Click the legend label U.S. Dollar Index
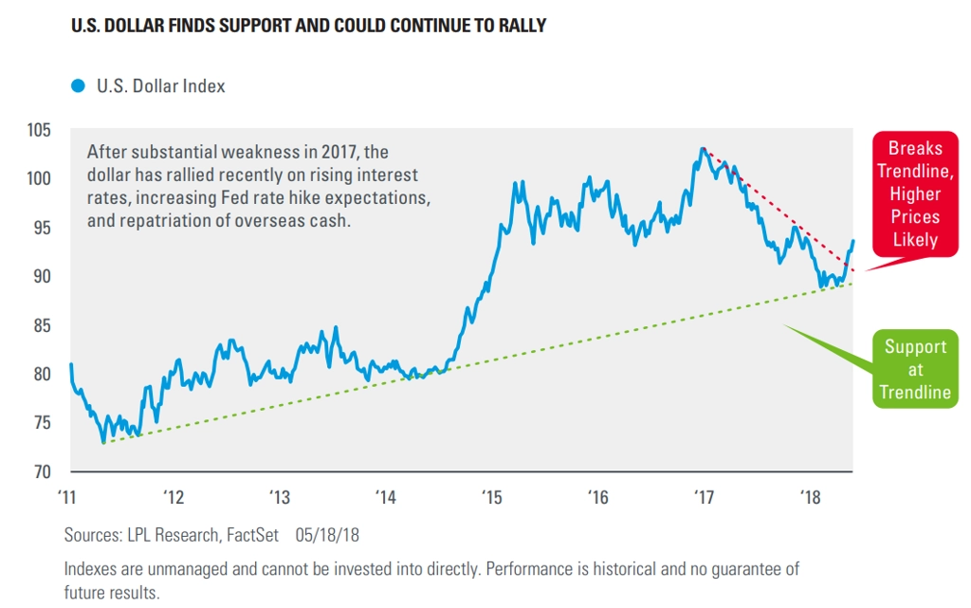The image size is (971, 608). coord(160,86)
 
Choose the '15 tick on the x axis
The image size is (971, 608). coord(491,496)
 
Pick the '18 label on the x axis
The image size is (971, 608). coord(810,496)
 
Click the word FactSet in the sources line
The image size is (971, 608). coord(251,535)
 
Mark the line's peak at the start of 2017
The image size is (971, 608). coord(703,148)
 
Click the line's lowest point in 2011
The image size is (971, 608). coord(103,442)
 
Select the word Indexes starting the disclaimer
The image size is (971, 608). coord(95,569)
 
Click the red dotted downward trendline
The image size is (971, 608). coord(778,210)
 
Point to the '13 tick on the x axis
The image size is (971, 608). coord(279,496)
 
